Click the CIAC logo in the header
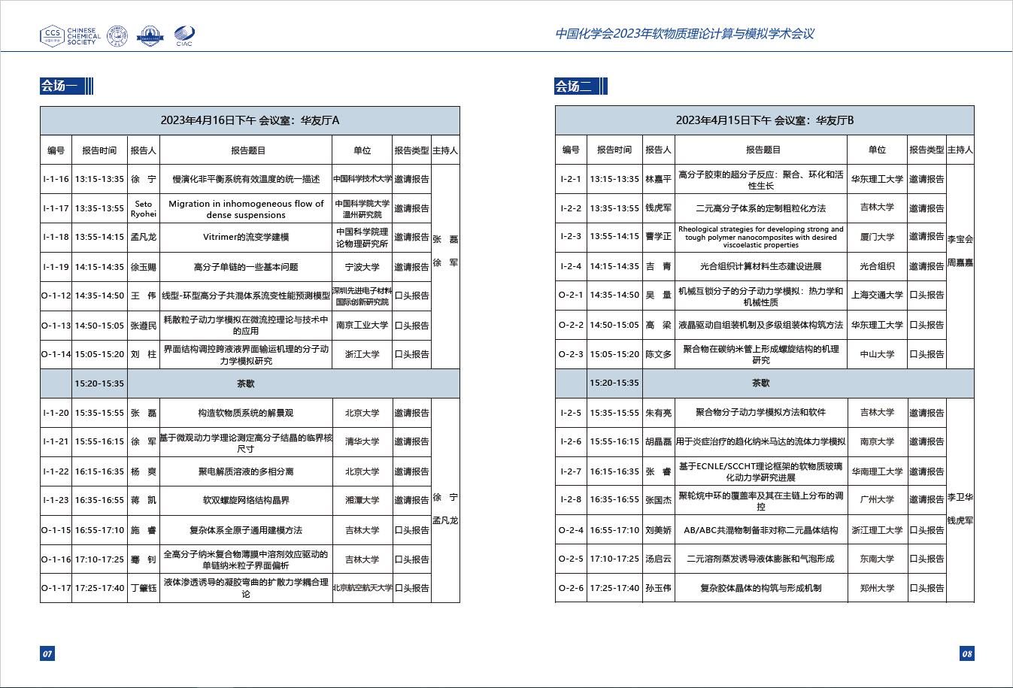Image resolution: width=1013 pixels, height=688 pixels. tap(184, 36)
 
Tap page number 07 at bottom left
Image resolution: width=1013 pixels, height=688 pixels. tap(47, 653)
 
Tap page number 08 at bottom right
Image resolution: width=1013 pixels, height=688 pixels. tap(967, 653)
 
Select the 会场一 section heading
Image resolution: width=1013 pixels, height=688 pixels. tap(59, 86)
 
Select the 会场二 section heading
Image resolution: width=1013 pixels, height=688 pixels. tap(574, 86)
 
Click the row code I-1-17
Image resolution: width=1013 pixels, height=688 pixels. tap(56, 208)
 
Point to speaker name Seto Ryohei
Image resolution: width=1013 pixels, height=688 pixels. tap(143, 208)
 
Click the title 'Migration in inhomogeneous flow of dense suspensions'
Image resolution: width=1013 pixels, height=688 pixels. tap(246, 208)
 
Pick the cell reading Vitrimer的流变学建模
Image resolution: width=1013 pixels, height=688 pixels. tap(246, 237)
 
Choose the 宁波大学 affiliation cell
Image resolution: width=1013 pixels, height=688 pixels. tap(362, 266)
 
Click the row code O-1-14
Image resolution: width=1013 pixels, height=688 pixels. tap(56, 354)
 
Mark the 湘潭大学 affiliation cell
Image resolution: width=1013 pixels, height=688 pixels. tap(362, 500)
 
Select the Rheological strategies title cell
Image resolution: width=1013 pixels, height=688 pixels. tap(760, 237)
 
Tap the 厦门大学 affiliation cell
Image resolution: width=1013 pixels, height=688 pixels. tap(877, 237)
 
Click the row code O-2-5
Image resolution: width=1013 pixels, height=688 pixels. tap(571, 559)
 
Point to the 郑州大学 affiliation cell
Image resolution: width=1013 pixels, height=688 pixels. tap(877, 588)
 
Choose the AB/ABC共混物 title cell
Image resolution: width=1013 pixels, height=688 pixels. tap(760, 530)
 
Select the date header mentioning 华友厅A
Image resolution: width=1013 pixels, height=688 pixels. tap(250, 120)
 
